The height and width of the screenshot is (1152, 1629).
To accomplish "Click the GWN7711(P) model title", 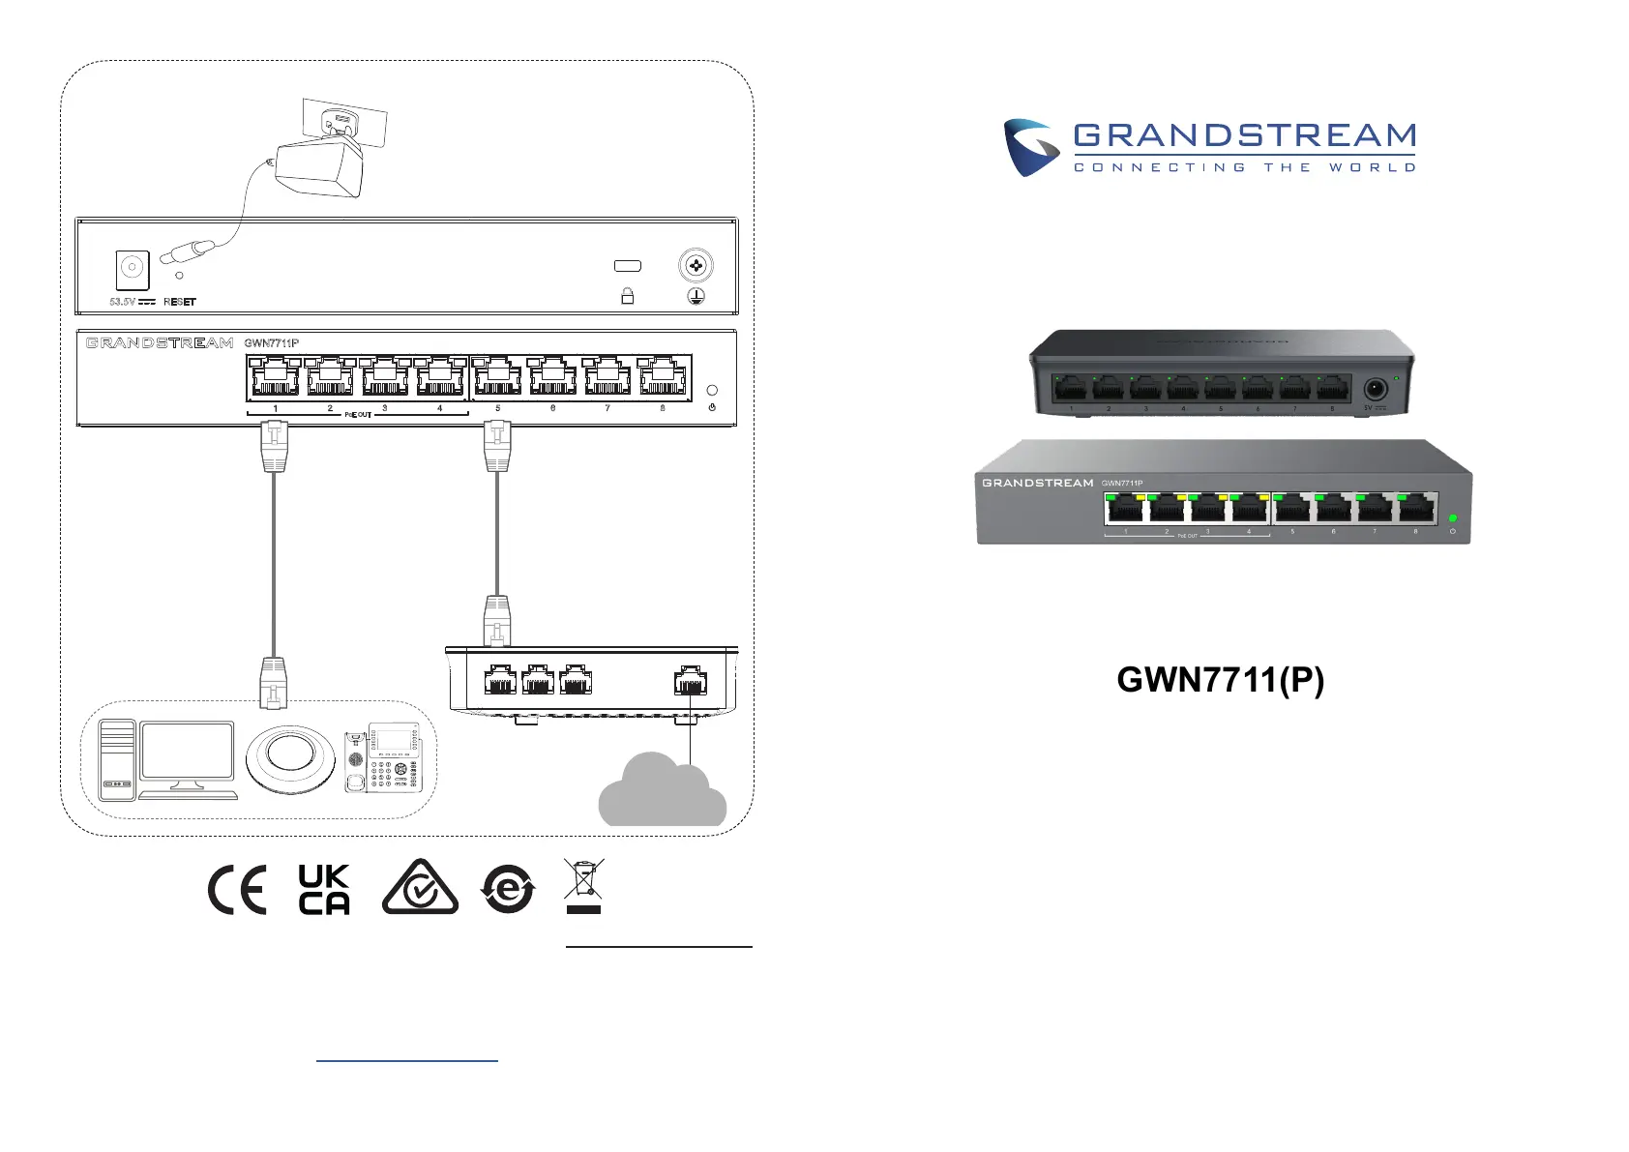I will coord(1220,680).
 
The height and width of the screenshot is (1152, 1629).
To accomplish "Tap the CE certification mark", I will coord(237,890).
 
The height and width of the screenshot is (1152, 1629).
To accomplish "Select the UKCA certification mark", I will coord(324,889).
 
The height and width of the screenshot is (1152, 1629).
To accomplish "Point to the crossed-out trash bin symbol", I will coord(583,884).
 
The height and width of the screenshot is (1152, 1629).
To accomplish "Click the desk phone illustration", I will coord(383,757).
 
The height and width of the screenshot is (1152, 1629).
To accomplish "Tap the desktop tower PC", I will coord(117,760).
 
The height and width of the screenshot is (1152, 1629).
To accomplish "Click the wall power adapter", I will coord(318,168).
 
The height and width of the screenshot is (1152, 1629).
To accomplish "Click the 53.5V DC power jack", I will coord(133,269).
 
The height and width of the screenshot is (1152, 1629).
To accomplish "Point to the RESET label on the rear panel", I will coord(180,302).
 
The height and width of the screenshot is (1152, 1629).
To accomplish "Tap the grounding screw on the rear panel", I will coord(696,265).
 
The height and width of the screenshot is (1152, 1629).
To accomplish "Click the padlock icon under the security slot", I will coord(627,296).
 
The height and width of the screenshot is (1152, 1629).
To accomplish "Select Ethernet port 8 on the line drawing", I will coord(662,376).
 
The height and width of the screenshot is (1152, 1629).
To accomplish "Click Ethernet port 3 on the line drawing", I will coord(385,376).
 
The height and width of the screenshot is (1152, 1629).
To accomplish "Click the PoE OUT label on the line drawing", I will coord(358,415).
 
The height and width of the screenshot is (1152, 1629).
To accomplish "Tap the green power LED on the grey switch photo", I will coord(1452,518).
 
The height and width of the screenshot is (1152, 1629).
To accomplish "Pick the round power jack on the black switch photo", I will coord(1375,390).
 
